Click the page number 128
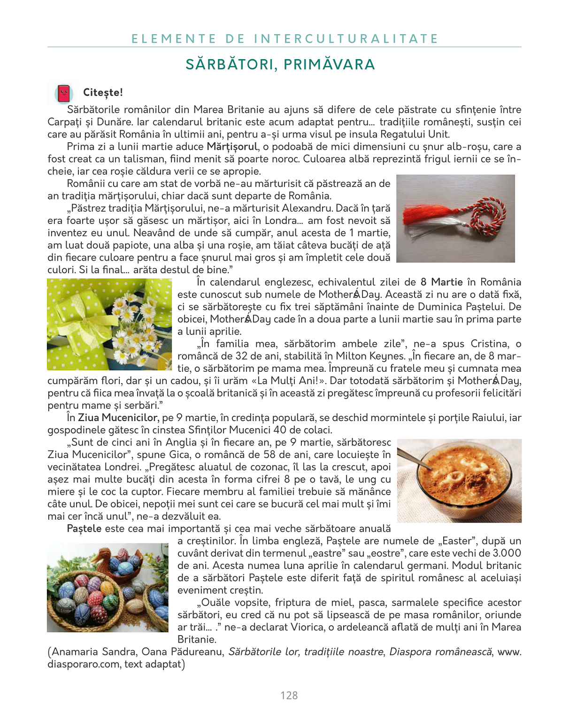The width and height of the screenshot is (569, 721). click(289, 696)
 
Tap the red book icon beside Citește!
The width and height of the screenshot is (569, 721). click(64, 93)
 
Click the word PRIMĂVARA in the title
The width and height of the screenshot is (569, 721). click(330, 64)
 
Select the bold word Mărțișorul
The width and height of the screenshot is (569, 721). click(232, 146)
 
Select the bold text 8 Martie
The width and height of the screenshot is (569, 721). click(441, 282)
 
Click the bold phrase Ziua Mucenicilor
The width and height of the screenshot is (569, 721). click(117, 417)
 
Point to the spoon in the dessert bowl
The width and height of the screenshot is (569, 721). click(415, 460)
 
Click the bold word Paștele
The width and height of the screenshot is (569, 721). click(84, 529)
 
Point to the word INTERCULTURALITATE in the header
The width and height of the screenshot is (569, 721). click(346, 38)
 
